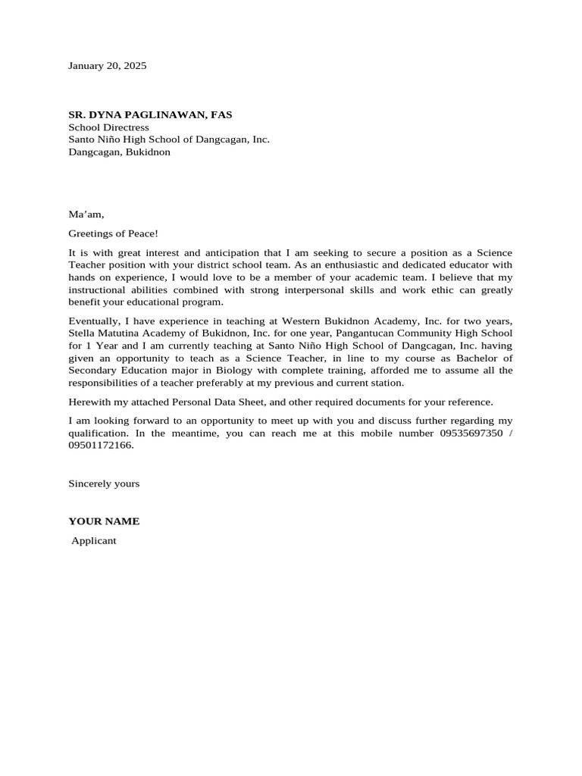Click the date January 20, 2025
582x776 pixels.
[x=107, y=66]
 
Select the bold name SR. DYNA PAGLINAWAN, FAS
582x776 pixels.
[x=150, y=114]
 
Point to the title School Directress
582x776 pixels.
[x=108, y=127]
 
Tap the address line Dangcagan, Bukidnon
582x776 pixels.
[x=119, y=152]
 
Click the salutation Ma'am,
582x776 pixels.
[x=86, y=214]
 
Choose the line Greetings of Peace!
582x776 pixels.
[x=113, y=233]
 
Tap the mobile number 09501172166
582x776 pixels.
[x=100, y=446]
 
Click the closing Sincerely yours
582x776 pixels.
[x=104, y=483]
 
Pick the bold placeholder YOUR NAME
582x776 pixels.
[x=104, y=521]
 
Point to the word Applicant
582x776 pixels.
[x=93, y=541]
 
